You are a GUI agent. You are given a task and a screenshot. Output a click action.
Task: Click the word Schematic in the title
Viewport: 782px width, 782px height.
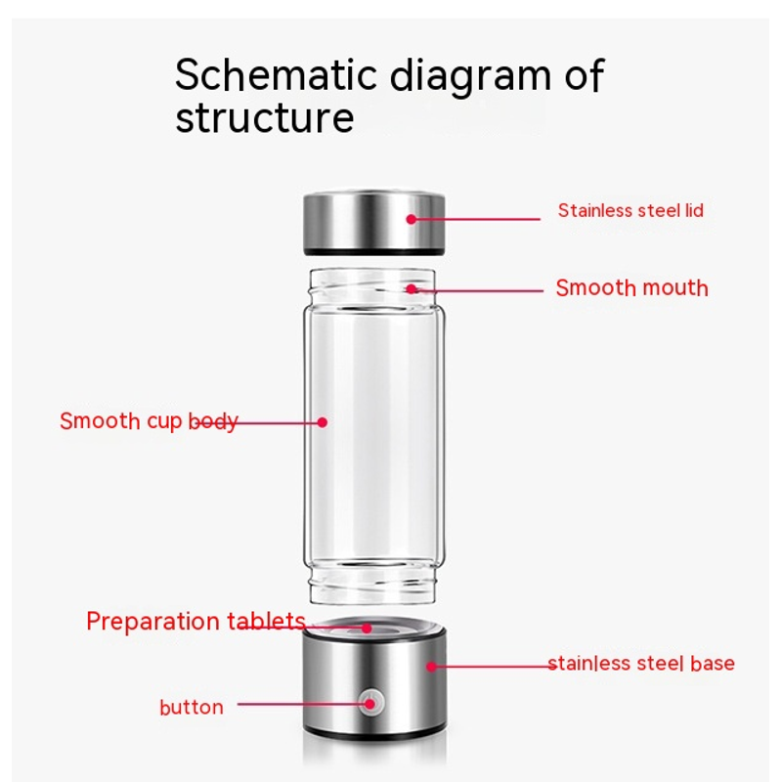[x=276, y=74]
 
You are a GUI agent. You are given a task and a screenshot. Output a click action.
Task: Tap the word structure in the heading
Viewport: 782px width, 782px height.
[x=265, y=117]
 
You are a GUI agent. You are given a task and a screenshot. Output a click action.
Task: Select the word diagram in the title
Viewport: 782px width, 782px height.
[x=470, y=77]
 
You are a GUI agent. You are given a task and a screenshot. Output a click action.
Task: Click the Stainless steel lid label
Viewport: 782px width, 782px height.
[x=630, y=210]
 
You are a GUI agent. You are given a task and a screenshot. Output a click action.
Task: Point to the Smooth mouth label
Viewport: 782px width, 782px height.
[x=631, y=287]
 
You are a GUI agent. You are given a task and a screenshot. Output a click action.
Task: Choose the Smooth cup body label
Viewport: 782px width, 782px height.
[x=149, y=421]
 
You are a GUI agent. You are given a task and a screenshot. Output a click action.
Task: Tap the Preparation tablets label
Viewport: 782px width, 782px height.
[x=195, y=622]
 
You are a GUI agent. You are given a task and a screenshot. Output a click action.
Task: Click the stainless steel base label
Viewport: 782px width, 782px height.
[x=641, y=664]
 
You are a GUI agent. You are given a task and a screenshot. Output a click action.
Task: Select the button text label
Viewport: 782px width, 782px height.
[x=192, y=707]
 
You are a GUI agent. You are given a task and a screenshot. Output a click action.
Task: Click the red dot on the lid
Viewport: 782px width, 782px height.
[x=411, y=219]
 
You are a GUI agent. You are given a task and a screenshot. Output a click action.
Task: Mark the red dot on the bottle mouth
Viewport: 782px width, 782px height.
[x=411, y=288]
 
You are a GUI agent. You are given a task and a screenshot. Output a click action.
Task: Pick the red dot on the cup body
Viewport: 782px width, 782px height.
[x=323, y=422]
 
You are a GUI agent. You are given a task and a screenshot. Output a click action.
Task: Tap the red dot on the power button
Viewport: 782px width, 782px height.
[x=369, y=704]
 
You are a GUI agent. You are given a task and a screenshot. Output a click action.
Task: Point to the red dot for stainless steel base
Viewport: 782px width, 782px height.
[x=431, y=667]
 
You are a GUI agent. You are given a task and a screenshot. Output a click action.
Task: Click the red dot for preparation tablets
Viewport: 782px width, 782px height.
[x=367, y=629]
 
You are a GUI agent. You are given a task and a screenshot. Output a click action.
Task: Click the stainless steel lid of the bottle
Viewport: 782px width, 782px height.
[x=374, y=223]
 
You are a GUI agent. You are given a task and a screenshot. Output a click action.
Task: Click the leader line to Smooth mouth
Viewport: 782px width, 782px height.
[x=477, y=290]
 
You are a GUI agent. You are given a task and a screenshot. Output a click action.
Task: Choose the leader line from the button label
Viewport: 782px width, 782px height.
[x=303, y=704]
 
